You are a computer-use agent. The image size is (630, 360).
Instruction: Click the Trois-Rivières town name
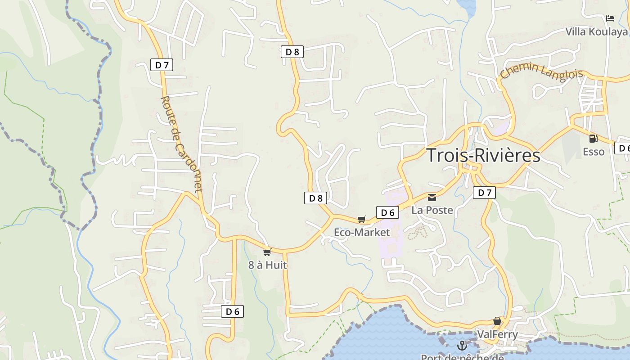pos(483,155)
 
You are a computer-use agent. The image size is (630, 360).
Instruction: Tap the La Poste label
pos(432,210)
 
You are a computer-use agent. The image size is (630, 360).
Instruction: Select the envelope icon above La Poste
pos(432,197)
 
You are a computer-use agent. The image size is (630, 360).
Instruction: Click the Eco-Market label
pos(362,232)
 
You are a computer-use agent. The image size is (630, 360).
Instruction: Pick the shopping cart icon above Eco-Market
pos(362,219)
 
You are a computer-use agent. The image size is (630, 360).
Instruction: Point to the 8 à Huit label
pos(267,265)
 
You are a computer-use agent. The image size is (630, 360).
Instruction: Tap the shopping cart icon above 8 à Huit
pos(267,252)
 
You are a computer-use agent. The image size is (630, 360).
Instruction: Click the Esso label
pos(594,152)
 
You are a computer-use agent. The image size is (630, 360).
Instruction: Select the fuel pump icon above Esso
pos(594,139)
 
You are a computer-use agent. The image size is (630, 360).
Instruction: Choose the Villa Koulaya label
pos(596,31)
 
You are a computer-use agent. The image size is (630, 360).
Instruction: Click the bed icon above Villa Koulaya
pos(610,18)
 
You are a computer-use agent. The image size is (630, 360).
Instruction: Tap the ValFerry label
pos(497,334)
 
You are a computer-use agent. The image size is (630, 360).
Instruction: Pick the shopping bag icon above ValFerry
pos(497,321)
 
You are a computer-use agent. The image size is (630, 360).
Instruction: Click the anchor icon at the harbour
pos(462,346)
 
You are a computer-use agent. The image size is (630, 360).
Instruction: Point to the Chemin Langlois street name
pos(541,72)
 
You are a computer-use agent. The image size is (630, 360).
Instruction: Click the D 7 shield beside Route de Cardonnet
pos(162,65)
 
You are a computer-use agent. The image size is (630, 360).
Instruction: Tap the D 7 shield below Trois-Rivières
pos(484,193)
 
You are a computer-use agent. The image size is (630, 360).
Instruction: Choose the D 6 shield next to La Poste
pos(387,212)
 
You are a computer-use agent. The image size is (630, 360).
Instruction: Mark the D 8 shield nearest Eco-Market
pos(315,198)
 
